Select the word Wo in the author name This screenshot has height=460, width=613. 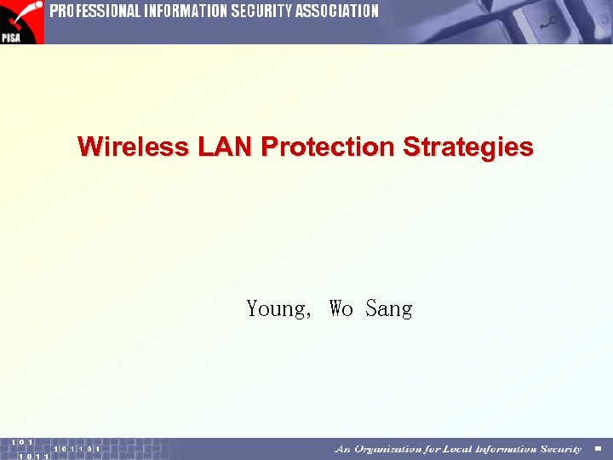pyautogui.click(x=341, y=308)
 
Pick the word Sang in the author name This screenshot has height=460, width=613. pyautogui.click(x=389, y=308)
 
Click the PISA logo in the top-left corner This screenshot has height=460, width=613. pyautogui.click(x=21, y=22)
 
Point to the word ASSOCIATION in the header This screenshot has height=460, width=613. pyautogui.click(x=338, y=12)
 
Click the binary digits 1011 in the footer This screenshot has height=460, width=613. pyautogui.click(x=34, y=456)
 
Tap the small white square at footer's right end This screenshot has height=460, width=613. pyautogui.click(x=598, y=449)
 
